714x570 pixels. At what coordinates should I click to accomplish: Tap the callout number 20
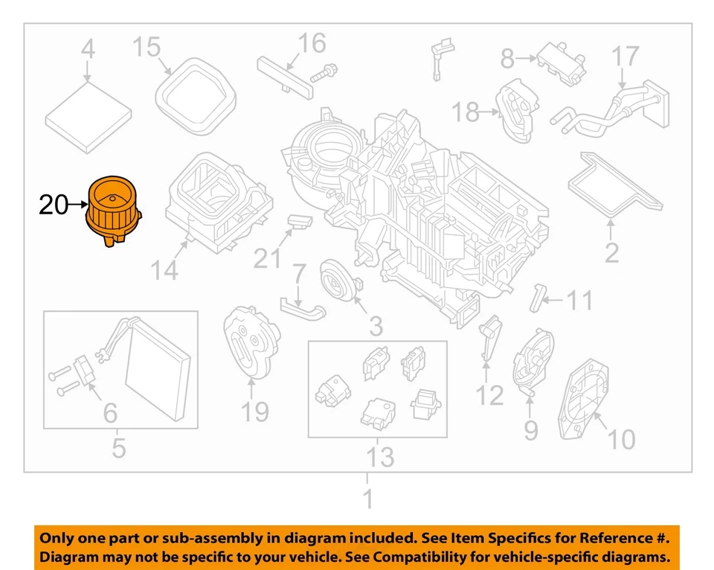click(x=54, y=205)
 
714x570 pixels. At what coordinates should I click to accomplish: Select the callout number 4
click(x=88, y=51)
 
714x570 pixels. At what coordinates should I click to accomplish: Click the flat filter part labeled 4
click(x=88, y=112)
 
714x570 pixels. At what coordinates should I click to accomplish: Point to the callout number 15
click(x=147, y=48)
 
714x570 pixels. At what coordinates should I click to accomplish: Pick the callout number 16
click(x=312, y=43)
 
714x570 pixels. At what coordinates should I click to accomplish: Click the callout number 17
click(x=625, y=56)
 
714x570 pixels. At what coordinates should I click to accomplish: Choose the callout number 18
click(x=466, y=113)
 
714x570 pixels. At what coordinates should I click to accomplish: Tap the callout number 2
click(x=611, y=253)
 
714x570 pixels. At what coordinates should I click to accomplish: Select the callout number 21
click(x=268, y=258)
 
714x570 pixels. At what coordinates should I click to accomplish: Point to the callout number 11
click(x=580, y=301)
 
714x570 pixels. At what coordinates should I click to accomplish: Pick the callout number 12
click(x=490, y=394)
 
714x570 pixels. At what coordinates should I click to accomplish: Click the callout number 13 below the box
click(x=379, y=456)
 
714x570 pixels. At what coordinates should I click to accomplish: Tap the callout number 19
click(x=255, y=409)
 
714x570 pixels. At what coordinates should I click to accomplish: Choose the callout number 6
click(x=109, y=411)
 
